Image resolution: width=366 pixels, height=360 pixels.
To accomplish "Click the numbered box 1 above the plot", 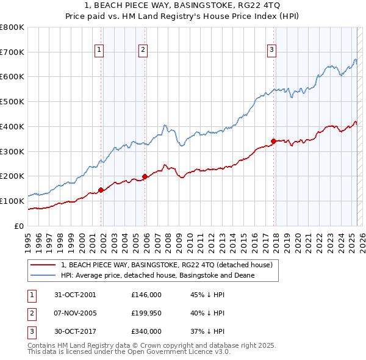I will tap(99, 51).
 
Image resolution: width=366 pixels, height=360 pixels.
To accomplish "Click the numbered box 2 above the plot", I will tap(143, 51).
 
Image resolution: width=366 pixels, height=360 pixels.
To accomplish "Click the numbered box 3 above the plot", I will tap(271, 51).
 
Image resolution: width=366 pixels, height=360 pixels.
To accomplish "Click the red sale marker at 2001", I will tap(101, 190).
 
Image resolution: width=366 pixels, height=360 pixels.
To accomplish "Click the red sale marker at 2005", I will tap(145, 176).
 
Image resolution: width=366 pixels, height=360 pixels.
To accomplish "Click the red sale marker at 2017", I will tap(273, 142).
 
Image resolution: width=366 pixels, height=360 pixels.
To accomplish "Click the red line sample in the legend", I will tap(43, 265).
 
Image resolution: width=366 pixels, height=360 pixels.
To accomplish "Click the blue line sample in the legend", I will tap(43, 275).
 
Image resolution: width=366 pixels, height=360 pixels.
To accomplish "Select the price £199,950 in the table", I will tap(146, 313).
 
